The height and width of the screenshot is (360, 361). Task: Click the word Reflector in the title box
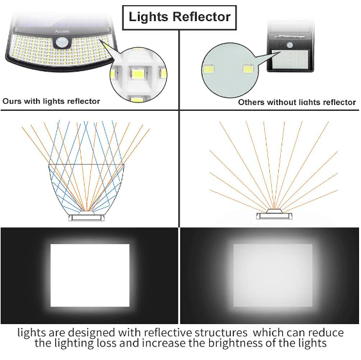[x=201, y=17]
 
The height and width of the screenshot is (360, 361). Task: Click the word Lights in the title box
[x=149, y=17]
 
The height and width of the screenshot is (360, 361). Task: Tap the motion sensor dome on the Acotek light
[x=62, y=42]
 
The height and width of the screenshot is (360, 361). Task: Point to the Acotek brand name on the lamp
[x=62, y=31]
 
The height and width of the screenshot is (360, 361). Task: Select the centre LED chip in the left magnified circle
[x=137, y=73]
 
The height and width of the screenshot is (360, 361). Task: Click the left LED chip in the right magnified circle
[x=208, y=69]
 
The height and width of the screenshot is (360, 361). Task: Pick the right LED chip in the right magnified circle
[x=248, y=69]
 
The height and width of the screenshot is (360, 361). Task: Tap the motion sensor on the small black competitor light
[x=290, y=45]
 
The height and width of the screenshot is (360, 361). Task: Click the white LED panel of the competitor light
[x=290, y=60]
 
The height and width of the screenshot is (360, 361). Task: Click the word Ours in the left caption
[x=12, y=101]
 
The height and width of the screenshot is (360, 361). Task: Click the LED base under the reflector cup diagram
[x=87, y=217]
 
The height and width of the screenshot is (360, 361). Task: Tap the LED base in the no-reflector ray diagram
[x=274, y=215]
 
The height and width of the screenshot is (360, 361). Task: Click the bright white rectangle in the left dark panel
[x=90, y=275]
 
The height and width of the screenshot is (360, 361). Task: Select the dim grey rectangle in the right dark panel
[x=273, y=275]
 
